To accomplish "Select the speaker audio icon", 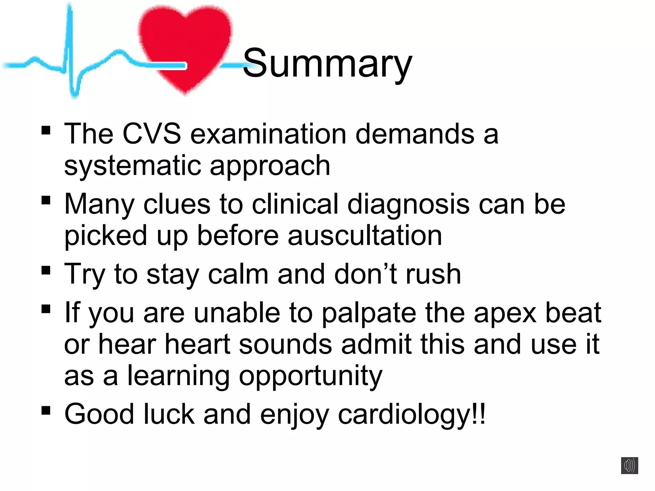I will pyautogui.click(x=629, y=465).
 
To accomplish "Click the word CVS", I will pyautogui.click(x=152, y=134).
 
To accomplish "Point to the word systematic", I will pyautogui.click(x=132, y=166).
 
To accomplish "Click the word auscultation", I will pyautogui.click(x=365, y=236).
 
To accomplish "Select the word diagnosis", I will pyautogui.click(x=408, y=205).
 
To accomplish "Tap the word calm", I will pyautogui.click(x=238, y=274).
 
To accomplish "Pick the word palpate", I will pyautogui.click(x=368, y=313).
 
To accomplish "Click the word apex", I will pyautogui.click(x=505, y=313).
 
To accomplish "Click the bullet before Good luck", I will pyautogui.click(x=46, y=410).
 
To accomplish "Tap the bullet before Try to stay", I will pyautogui.click(x=46, y=270).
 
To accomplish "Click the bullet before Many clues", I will pyautogui.click(x=46, y=200).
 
